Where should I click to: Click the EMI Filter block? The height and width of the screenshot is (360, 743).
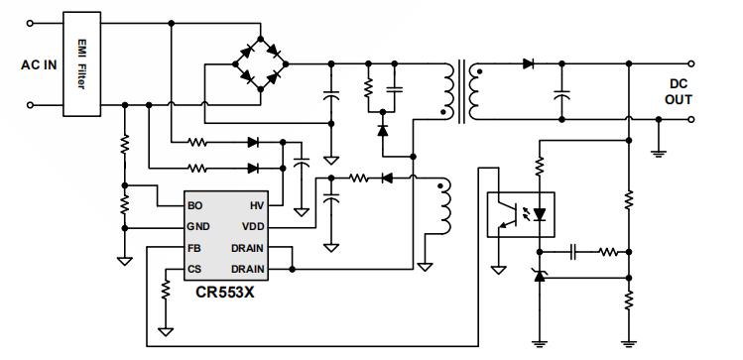point(82,62)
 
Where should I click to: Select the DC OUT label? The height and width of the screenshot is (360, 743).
point(679,91)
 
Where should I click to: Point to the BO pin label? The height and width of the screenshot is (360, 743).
point(195,206)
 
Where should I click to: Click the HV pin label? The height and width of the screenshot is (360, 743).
point(256,206)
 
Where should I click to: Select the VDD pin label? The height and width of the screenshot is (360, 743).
point(252,227)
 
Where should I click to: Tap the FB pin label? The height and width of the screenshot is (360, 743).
point(194,248)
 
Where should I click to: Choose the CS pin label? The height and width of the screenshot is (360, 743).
point(194,269)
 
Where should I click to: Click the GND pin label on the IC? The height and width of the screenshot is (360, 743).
point(199,227)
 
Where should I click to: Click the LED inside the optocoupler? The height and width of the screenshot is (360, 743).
point(540,214)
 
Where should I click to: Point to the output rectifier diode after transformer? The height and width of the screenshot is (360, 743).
point(529,63)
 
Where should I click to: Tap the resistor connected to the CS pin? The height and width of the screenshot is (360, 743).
point(167,288)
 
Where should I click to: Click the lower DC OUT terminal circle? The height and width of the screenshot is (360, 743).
point(660,119)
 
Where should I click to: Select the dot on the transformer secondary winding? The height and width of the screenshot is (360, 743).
point(481,71)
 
